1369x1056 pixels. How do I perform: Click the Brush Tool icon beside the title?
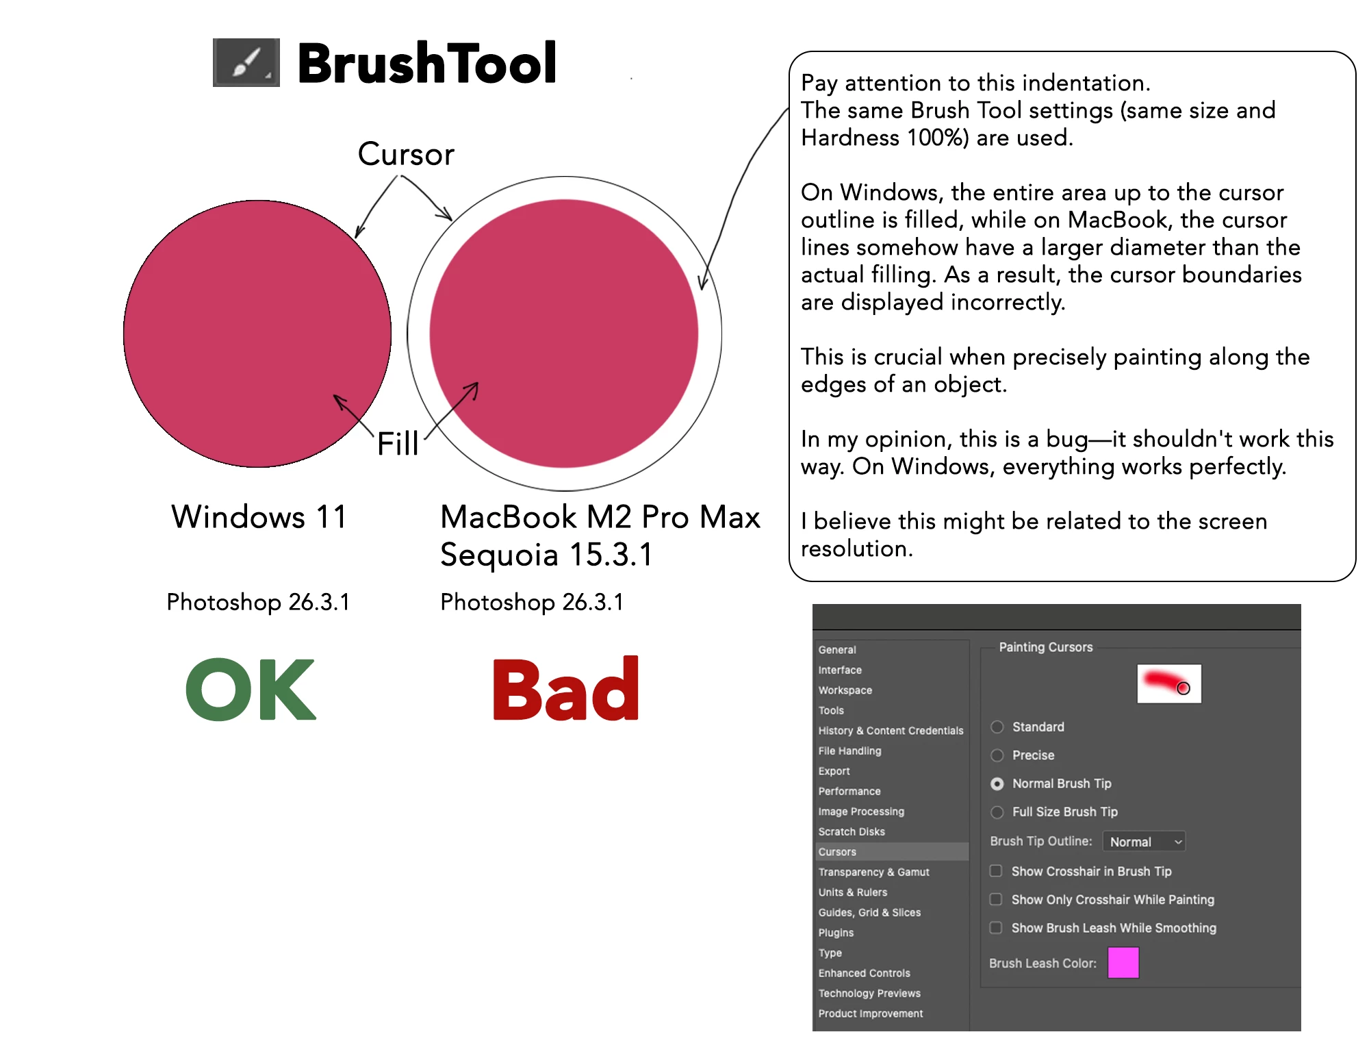[x=246, y=62]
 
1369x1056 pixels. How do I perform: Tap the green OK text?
[x=251, y=689]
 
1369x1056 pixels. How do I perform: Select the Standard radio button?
[x=997, y=727]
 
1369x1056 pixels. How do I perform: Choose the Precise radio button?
[x=997, y=755]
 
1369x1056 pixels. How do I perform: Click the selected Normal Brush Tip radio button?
[x=997, y=783]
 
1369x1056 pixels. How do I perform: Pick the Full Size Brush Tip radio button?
[x=997, y=812]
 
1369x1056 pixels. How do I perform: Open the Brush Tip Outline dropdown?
[x=1144, y=842]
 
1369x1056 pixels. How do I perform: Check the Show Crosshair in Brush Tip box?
[x=996, y=871]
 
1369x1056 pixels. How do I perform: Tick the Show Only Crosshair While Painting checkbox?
[x=996, y=899]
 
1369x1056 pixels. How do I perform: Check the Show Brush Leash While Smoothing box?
[x=996, y=927]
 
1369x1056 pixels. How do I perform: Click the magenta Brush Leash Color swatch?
[x=1123, y=963]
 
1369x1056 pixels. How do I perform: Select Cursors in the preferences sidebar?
[x=837, y=852]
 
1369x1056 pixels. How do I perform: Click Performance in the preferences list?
[x=849, y=791]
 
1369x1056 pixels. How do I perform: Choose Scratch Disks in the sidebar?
[x=852, y=831]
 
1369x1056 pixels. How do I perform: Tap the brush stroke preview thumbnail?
[x=1169, y=683]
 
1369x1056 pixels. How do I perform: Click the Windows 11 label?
[x=259, y=516]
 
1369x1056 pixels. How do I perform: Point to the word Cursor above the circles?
[x=406, y=154]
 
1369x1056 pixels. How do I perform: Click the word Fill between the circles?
[x=398, y=443]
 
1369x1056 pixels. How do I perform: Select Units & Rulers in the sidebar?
[x=853, y=892]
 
